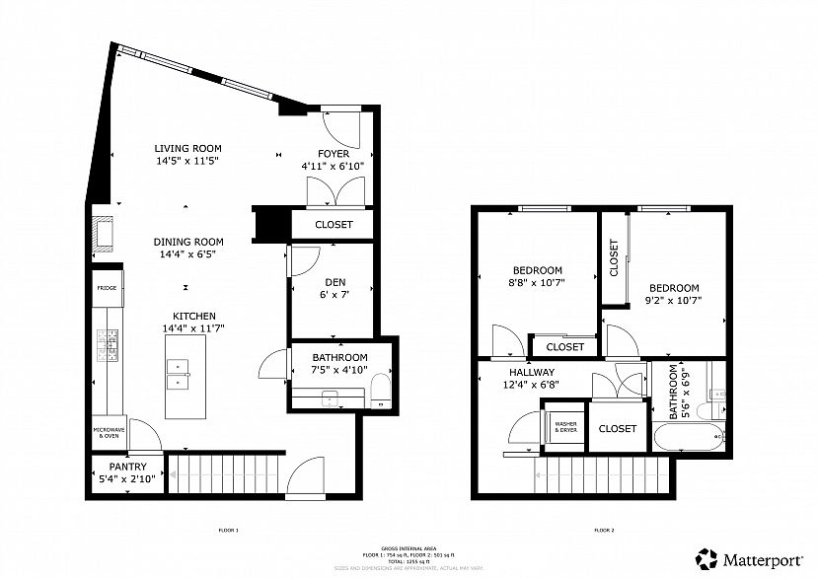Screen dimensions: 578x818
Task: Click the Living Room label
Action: point(187,148)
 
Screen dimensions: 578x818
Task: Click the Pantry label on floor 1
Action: point(128,467)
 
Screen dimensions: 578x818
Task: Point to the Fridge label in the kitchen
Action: point(107,288)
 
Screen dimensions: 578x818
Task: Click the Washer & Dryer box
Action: point(565,428)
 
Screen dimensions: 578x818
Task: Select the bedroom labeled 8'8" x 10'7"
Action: point(538,276)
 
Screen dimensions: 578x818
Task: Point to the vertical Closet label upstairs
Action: point(614,258)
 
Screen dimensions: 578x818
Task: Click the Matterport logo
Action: point(750,557)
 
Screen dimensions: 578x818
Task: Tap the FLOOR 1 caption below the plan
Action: point(228,530)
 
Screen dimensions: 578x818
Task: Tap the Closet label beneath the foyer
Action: point(334,225)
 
